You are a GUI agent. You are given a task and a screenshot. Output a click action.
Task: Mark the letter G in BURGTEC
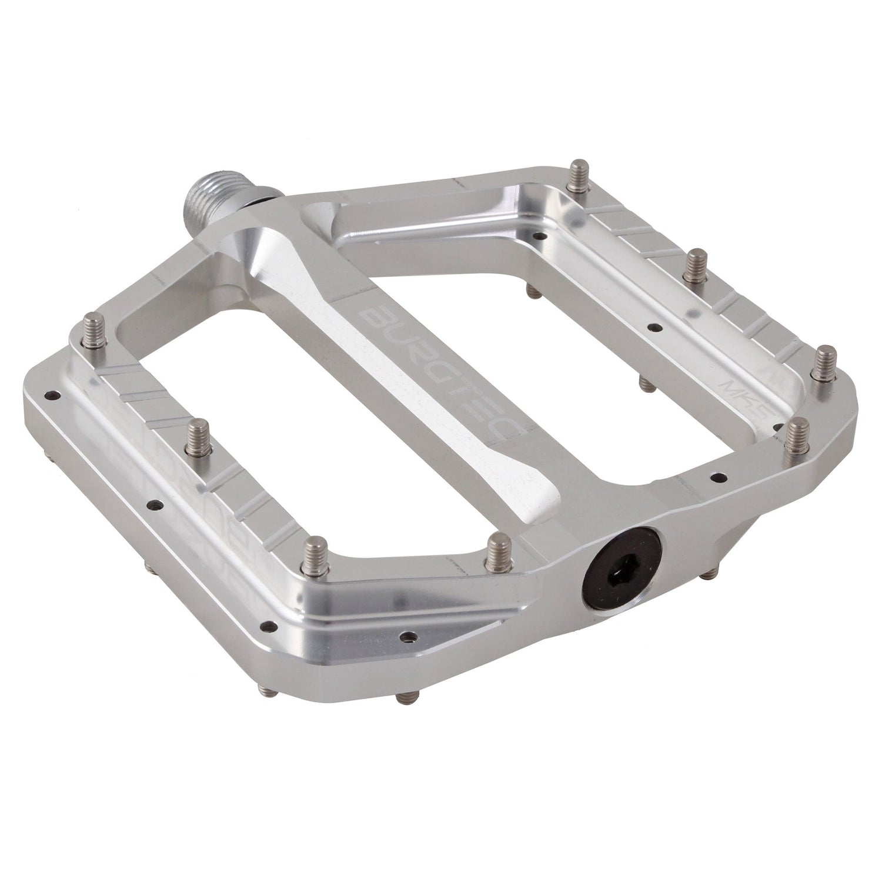coord(438,369)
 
